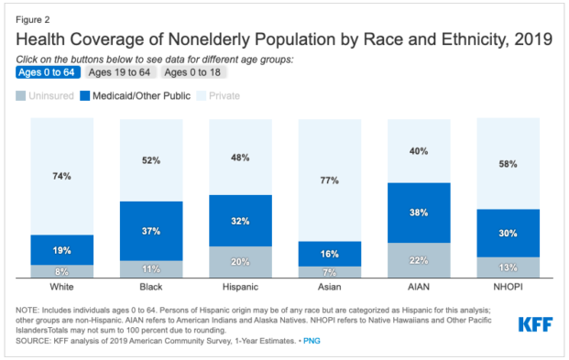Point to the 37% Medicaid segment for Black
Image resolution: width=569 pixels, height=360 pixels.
151,230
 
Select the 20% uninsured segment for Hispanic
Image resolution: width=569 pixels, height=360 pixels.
240,262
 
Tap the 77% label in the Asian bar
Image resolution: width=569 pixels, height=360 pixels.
329,180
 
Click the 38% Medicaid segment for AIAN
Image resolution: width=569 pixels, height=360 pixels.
419,213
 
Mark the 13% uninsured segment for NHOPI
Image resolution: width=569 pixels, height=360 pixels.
508,267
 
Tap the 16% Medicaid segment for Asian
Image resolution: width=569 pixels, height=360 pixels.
329,254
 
